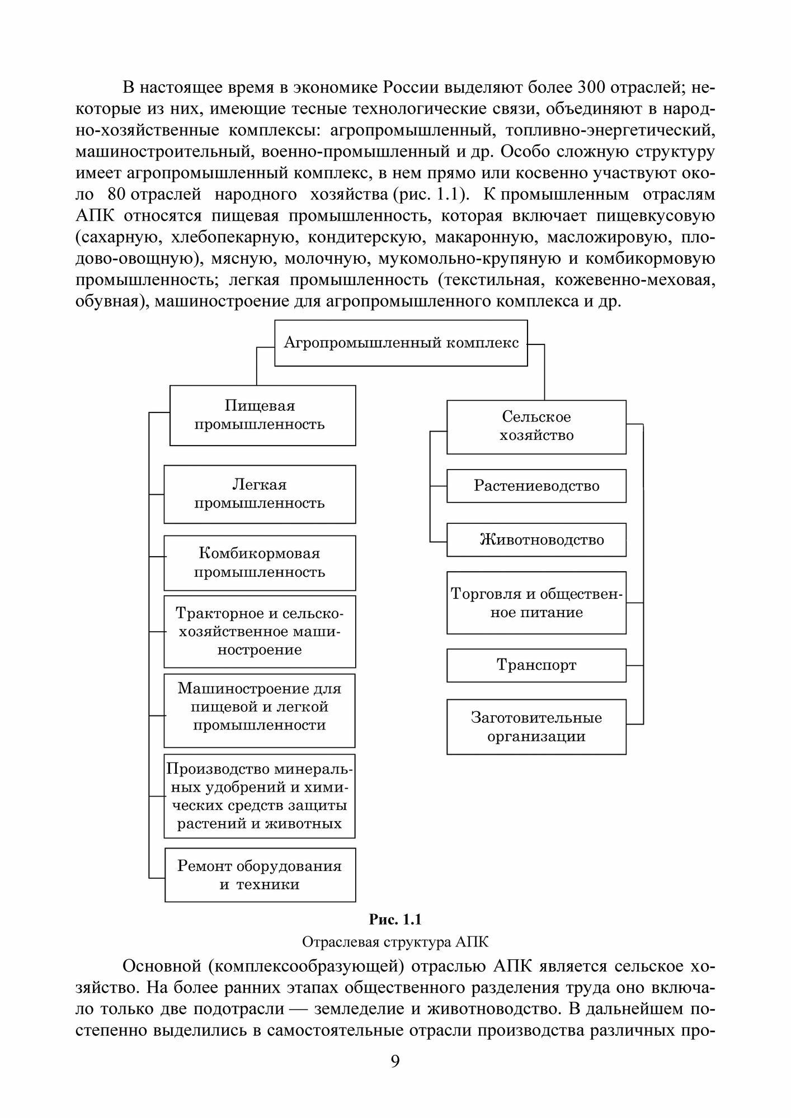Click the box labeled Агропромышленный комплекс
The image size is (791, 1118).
coord(401,343)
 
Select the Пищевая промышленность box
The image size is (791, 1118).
coord(262,415)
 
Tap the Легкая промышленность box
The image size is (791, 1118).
coord(260,494)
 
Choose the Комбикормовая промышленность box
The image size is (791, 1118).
coord(260,563)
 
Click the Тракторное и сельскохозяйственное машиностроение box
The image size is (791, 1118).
coord(260,632)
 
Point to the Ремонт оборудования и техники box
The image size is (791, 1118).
coord(260,875)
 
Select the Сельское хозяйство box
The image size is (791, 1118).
coord(536,427)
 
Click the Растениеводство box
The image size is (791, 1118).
coord(536,486)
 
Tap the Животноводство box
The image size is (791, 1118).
coord(536,540)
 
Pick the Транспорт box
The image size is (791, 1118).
coord(536,665)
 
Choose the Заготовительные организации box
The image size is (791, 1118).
coord(536,727)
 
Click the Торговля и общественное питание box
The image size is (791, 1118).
coord(536,603)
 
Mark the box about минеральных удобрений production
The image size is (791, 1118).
coord(260,796)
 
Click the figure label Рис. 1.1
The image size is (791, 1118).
coord(395,920)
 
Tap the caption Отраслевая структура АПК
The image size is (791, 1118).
coord(395,942)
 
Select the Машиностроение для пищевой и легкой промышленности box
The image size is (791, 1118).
coord(260,707)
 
